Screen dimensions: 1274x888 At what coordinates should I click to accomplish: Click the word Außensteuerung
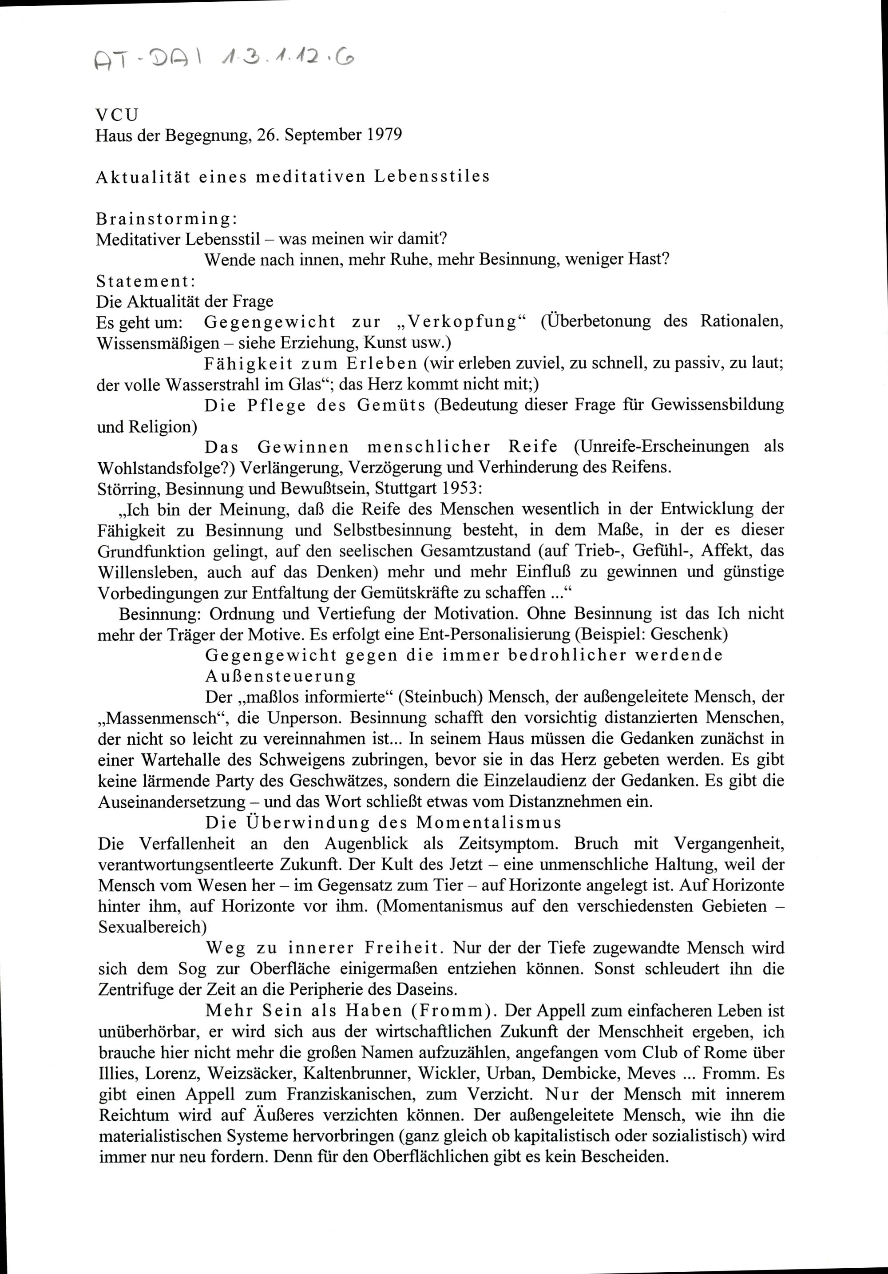click(280, 676)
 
